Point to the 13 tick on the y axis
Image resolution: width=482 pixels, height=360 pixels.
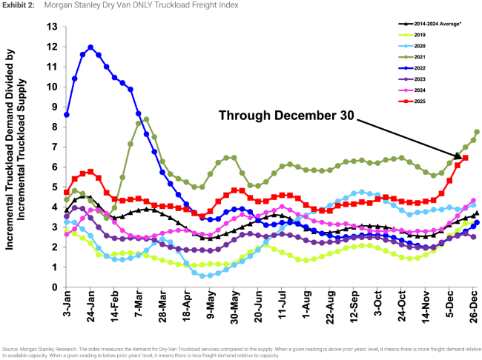tap(51, 27)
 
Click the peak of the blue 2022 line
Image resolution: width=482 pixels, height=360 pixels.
tap(90, 47)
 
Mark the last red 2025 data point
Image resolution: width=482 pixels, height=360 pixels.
tap(466, 158)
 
